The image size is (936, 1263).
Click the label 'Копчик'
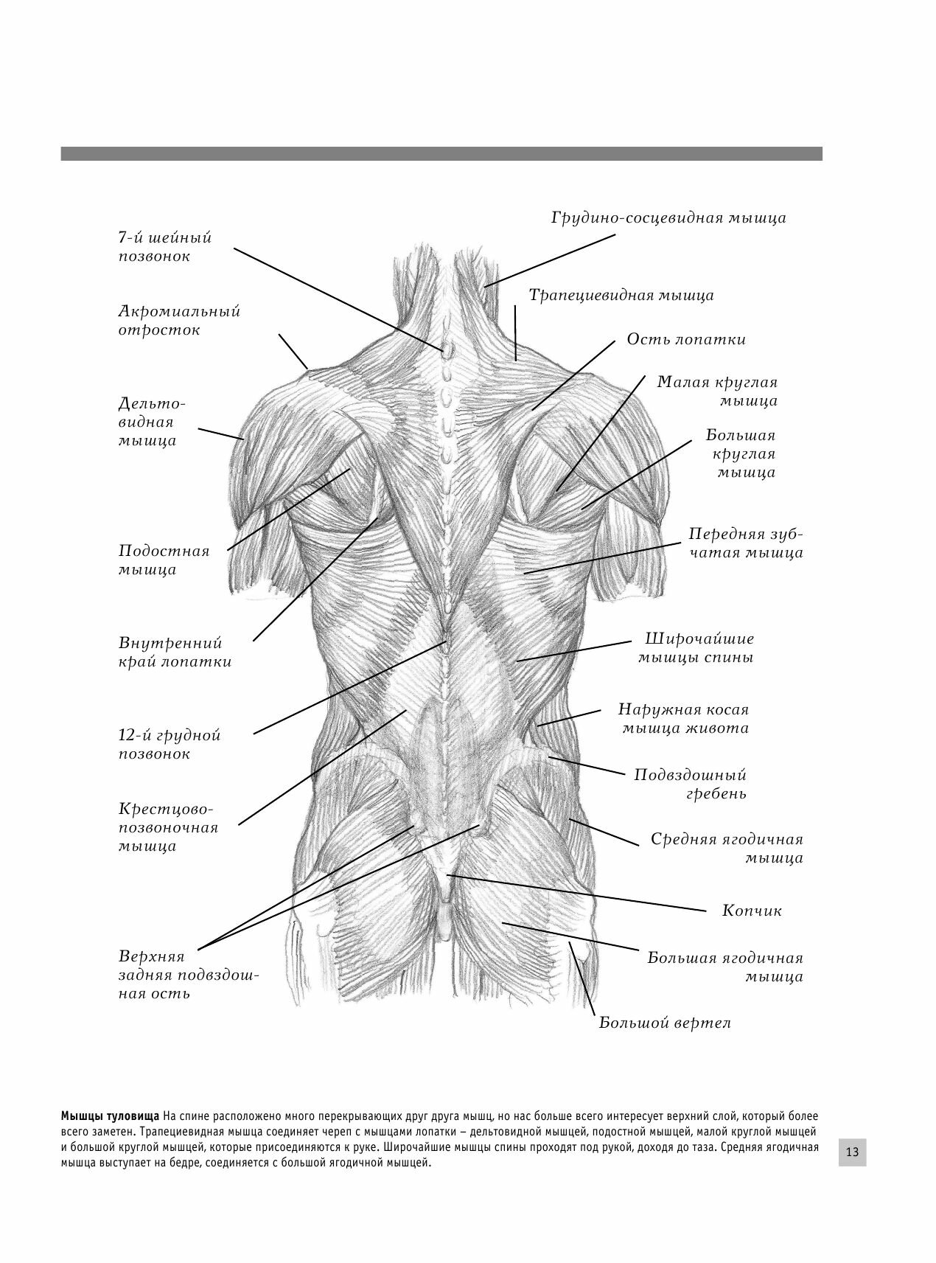point(752,911)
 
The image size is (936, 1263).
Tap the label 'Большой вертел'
point(664,1023)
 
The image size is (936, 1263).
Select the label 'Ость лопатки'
point(686,339)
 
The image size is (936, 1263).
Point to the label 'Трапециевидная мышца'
point(621,295)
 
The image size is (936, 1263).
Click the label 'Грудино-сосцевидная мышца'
point(668,218)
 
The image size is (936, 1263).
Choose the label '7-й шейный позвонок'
point(164,247)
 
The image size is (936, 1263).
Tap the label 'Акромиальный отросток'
point(179,321)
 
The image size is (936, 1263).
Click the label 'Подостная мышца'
point(164,560)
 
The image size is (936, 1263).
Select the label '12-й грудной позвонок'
point(170,745)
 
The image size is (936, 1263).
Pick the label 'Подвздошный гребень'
point(691,784)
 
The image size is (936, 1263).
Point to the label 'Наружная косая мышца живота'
point(684,719)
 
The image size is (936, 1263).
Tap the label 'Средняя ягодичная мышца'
point(727,849)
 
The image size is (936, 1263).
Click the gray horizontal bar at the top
point(441,153)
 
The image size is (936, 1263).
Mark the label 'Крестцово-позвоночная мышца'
point(168,827)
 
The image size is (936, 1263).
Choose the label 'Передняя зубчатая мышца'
point(745,543)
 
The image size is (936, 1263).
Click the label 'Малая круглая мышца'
point(717,392)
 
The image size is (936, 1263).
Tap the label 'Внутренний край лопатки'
point(175,653)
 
